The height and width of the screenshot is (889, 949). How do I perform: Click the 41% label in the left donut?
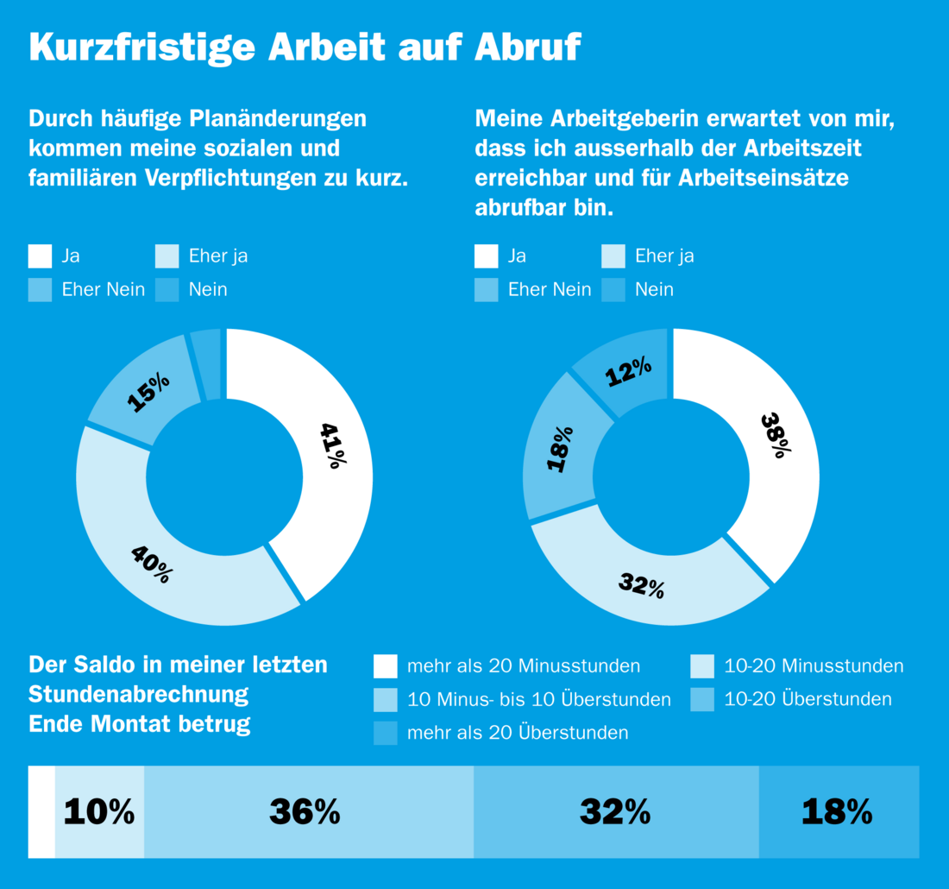pyautogui.click(x=333, y=444)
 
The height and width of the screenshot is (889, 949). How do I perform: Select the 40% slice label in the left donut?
pyautogui.click(x=151, y=564)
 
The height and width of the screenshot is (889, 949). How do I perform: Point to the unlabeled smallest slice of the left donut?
pyautogui.click(x=207, y=364)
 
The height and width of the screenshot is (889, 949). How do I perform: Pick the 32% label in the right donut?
pyautogui.click(x=641, y=585)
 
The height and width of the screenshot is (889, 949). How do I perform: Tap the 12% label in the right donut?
pyautogui.click(x=627, y=372)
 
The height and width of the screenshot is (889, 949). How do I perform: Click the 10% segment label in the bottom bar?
pyautogui.click(x=99, y=812)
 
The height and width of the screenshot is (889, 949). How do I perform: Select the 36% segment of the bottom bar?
pyautogui.click(x=305, y=812)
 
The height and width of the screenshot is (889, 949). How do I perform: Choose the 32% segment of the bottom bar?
pyautogui.click(x=614, y=812)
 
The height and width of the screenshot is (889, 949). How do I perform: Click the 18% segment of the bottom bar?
pyautogui.click(x=837, y=812)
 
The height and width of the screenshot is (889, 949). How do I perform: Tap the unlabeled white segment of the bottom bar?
pyautogui.click(x=41, y=812)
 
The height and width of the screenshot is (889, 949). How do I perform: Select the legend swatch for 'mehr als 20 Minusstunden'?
pyautogui.click(x=385, y=666)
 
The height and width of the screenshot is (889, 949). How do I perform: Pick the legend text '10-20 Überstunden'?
pyautogui.click(x=808, y=699)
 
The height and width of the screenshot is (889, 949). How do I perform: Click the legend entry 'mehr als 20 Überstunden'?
pyautogui.click(x=518, y=733)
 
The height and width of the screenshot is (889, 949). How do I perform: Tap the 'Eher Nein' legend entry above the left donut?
pyautogui.click(x=103, y=290)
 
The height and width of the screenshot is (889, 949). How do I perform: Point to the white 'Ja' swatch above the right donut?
pyautogui.click(x=487, y=256)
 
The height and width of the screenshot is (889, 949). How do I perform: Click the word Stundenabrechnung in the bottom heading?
pyautogui.click(x=138, y=694)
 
